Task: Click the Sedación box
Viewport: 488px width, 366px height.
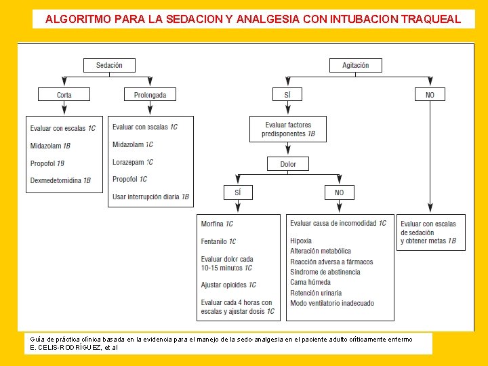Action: pyautogui.click(x=109, y=65)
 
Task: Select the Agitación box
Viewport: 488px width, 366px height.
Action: pyautogui.click(x=356, y=65)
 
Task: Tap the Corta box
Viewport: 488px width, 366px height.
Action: pyautogui.click(x=64, y=95)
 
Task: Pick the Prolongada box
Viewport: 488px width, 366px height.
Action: pyautogui.click(x=150, y=95)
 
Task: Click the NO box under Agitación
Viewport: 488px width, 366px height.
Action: pyautogui.click(x=430, y=95)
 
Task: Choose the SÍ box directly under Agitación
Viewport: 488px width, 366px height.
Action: pyautogui.click(x=287, y=95)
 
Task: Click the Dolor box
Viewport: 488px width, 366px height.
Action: pyautogui.click(x=288, y=164)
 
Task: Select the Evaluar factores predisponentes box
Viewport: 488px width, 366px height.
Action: pyautogui.click(x=288, y=129)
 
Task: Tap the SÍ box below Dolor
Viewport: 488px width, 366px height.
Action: pyautogui.click(x=237, y=192)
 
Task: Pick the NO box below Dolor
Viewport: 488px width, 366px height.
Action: pyautogui.click(x=339, y=192)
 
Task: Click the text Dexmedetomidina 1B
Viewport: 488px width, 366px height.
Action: pyautogui.click(x=60, y=180)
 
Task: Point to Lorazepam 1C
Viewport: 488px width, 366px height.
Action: pyautogui.click(x=133, y=162)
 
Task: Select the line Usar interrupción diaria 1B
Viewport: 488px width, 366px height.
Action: pyautogui.click(x=150, y=197)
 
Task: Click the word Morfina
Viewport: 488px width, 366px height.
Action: pyautogui.click(x=212, y=224)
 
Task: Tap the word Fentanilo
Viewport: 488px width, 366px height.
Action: pyautogui.click(x=214, y=241)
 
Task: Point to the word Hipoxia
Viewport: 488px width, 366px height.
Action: pyautogui.click(x=301, y=241)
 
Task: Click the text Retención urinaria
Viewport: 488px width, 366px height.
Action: pyautogui.click(x=316, y=293)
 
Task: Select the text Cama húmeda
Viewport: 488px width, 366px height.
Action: pyautogui.click(x=310, y=282)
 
